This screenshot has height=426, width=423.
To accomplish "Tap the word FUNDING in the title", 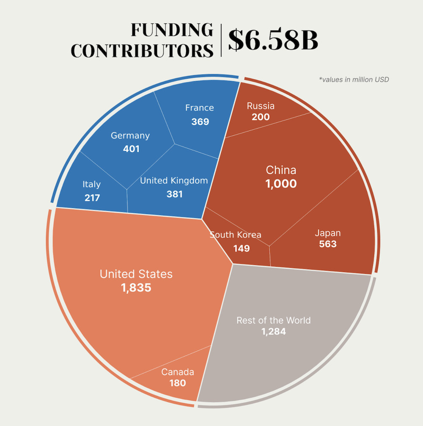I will pos(172,30).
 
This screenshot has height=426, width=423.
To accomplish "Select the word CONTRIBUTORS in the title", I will pos(142,50).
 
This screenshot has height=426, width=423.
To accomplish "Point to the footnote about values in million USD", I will pos(354,79).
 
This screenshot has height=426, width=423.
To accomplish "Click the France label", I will pos(200,107).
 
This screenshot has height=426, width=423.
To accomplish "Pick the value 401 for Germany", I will pos(131,149).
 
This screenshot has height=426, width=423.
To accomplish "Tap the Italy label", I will pos(92,184).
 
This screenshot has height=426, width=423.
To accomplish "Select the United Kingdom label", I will pos(174,181).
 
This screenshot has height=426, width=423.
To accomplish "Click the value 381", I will pos(174,194).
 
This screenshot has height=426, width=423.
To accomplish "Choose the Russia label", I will pos(261,106).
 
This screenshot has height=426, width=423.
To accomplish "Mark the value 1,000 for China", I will pos(281,184).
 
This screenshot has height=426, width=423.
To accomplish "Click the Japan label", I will pos(328,233).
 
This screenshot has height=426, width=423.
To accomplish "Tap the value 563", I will pos(328,244).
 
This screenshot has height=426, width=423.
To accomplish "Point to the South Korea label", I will pos(235,235).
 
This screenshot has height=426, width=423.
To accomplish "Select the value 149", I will pos(242,248).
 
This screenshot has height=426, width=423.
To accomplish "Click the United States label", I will pos(136,274).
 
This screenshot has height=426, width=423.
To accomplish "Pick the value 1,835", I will pos(136,288).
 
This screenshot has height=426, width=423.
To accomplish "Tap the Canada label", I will pos(178,372).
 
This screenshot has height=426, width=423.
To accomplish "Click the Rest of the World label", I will pos(273,320).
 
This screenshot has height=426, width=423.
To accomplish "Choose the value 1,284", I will pos(273,332).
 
